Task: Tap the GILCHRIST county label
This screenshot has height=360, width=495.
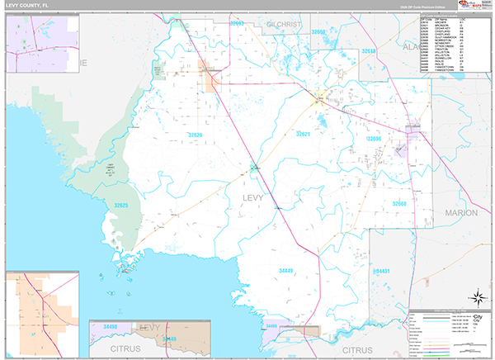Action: point(285,25)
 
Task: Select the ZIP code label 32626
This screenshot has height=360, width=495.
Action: point(195,134)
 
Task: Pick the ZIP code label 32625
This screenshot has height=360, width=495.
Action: point(122,205)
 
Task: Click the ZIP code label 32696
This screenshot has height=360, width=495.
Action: point(373,140)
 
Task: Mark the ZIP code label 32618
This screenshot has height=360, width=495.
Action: point(368,51)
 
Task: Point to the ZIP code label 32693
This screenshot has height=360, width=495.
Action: point(237,23)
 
